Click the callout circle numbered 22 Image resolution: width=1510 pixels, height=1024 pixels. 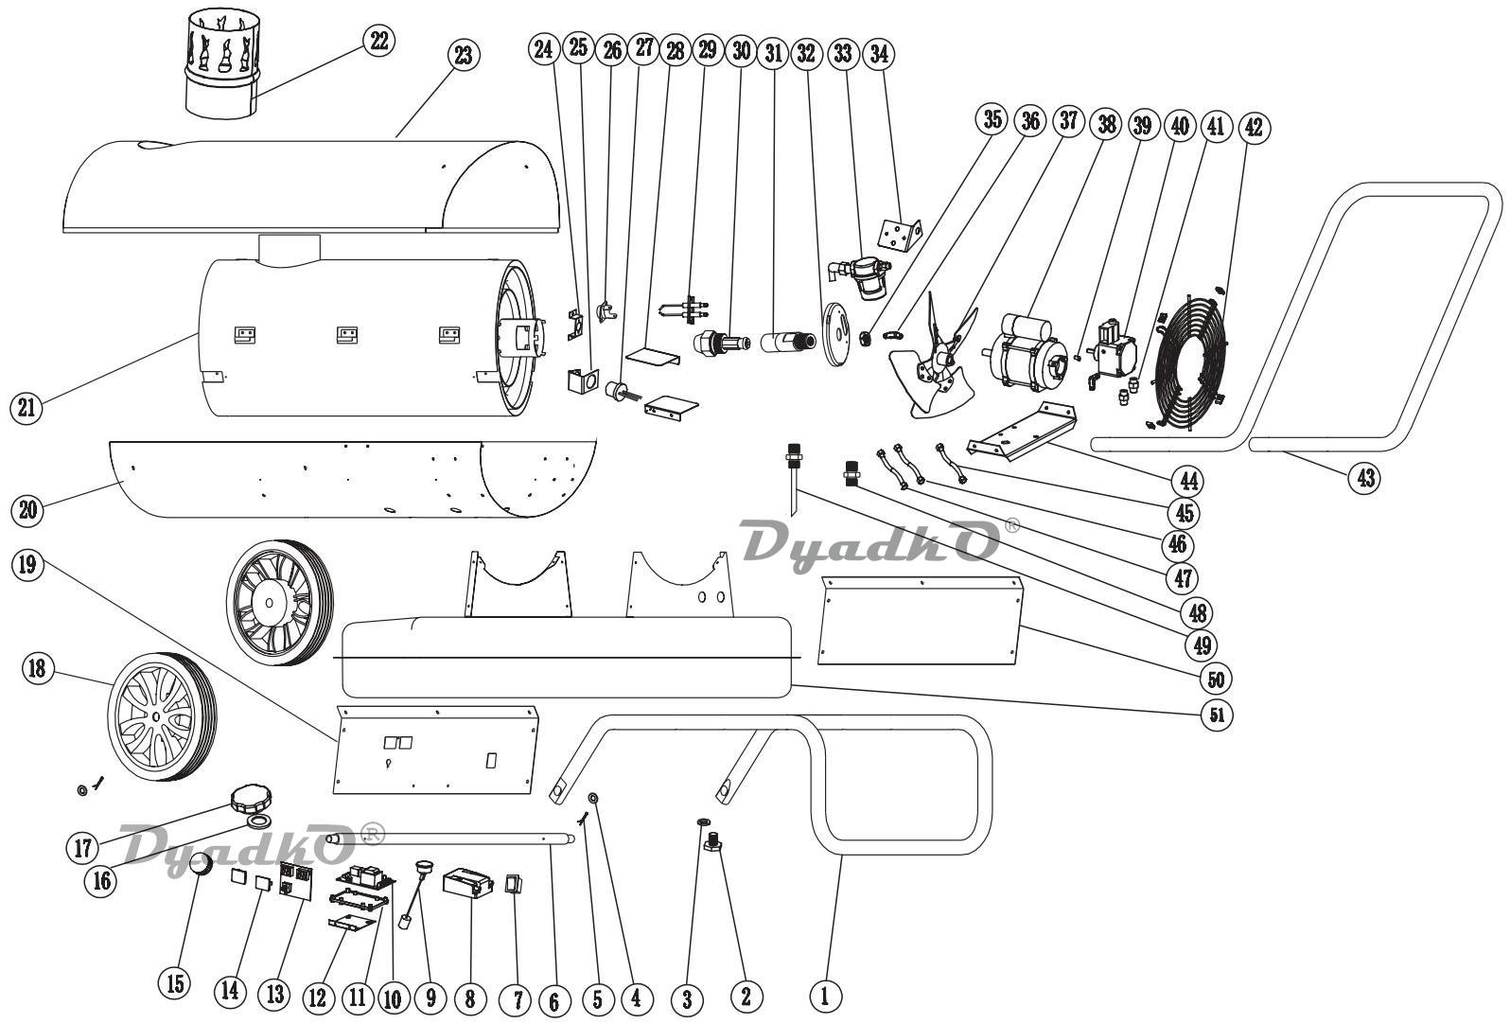[x=378, y=41]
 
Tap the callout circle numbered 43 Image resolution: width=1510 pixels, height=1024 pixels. [x=1364, y=478]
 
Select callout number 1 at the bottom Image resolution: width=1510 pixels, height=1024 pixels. [x=825, y=995]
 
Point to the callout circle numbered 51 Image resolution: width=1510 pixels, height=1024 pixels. [x=1217, y=715]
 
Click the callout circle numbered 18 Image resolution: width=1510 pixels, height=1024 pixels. [x=36, y=668]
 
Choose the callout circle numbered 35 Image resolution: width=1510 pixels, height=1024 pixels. [x=992, y=120]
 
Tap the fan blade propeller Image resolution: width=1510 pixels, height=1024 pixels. [x=935, y=356]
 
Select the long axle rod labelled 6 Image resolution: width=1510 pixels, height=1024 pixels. [x=452, y=838]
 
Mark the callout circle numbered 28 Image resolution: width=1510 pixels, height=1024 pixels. [x=676, y=51]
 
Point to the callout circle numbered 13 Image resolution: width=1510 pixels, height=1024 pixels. [x=275, y=995]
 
